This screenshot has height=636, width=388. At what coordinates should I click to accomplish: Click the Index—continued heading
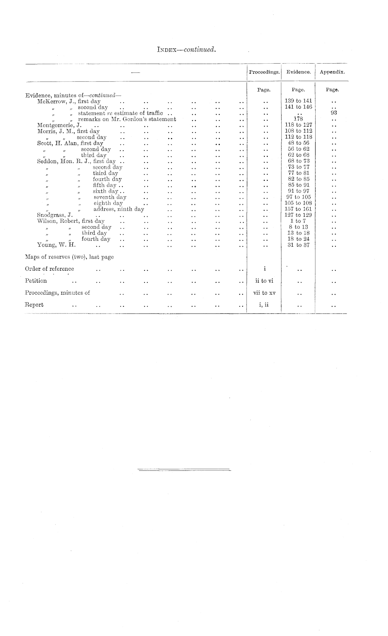[x=187, y=49]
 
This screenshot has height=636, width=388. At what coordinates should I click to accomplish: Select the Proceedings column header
[x=264, y=72]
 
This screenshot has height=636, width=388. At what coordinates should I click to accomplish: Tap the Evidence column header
[x=298, y=72]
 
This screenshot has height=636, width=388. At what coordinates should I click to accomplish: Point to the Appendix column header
[x=332, y=72]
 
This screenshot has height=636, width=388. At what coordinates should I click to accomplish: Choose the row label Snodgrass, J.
[x=55, y=215]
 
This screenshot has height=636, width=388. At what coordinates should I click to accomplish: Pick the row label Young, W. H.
[x=56, y=245]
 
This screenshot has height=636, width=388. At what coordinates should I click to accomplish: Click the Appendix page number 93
[x=334, y=113]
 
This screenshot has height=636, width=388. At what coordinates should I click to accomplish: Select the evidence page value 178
[x=298, y=119]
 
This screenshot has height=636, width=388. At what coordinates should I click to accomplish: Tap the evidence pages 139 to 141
[x=298, y=101]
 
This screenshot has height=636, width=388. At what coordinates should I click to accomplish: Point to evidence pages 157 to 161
[x=298, y=209]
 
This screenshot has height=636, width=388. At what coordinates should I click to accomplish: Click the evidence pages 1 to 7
[x=298, y=221]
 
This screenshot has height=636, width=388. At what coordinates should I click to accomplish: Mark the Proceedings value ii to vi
[x=264, y=281]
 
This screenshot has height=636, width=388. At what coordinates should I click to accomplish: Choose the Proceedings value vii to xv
[x=264, y=293]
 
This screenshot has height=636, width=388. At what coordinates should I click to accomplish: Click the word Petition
[x=36, y=281]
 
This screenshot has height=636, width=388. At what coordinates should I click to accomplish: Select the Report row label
[x=34, y=305]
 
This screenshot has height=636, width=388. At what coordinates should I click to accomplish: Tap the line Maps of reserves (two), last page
[x=69, y=257]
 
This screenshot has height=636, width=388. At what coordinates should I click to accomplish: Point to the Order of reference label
[x=49, y=269]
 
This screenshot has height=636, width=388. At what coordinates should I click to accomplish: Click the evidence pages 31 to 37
[x=298, y=245]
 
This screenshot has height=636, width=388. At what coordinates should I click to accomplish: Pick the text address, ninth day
[x=119, y=209]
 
